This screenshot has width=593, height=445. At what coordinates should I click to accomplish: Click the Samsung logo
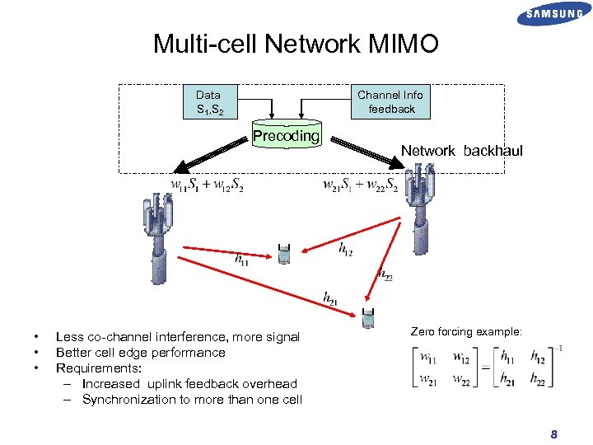(x=554, y=14)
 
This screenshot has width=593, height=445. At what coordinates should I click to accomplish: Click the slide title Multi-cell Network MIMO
(x=296, y=44)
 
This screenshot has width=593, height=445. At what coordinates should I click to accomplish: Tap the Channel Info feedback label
(x=390, y=101)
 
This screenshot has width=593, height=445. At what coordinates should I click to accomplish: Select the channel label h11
(x=241, y=259)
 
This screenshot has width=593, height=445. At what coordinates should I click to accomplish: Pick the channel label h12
(x=345, y=248)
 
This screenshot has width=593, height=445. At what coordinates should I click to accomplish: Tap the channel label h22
(x=385, y=275)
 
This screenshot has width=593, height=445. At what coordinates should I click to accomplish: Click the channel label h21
(x=330, y=297)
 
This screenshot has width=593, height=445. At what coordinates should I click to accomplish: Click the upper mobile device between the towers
(x=284, y=255)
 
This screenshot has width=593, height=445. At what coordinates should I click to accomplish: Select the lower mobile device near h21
(x=368, y=318)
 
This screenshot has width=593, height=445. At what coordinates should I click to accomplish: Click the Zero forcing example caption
(x=465, y=331)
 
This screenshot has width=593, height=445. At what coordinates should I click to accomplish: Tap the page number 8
(x=554, y=434)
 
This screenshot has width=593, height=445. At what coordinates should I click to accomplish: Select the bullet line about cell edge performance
(x=140, y=352)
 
